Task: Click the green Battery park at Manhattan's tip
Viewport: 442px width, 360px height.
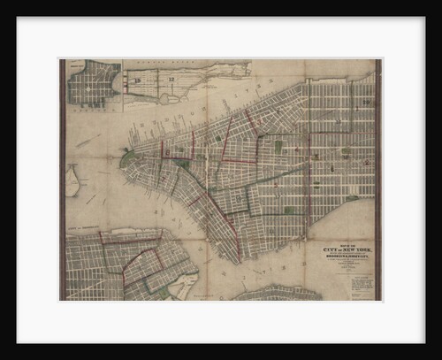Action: [130, 160]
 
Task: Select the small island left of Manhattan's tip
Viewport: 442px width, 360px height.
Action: [72, 180]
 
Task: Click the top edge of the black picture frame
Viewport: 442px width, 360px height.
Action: [221, 6]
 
